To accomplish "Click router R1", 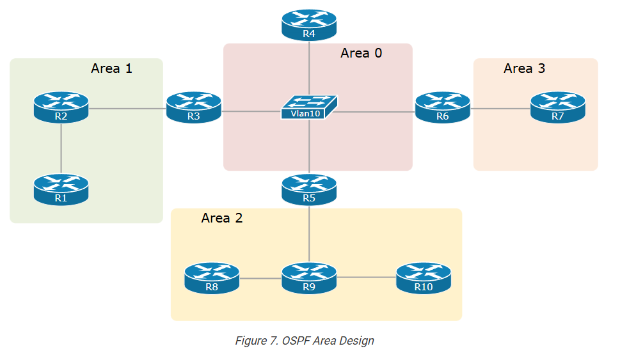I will tap(61, 189).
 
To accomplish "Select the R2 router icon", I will tap(61, 107).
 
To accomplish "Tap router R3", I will tap(194, 107).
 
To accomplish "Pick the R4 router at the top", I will tap(309, 25).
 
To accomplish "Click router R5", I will tap(309, 189).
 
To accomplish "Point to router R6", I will tap(442, 107).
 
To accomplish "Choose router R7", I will tap(557, 107).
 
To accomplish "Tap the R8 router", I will tap(212, 278).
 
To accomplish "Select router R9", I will tap(309, 278).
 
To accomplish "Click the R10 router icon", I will tap(423, 278).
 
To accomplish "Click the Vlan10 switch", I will tap(309, 107).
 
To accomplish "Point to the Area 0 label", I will tap(361, 54).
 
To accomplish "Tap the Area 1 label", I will tap(111, 68).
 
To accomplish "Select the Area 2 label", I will tap(221, 218).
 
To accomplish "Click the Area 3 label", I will tap(524, 68).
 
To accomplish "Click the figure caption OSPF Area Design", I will tap(304, 341).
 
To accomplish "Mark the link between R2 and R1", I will tap(61, 148).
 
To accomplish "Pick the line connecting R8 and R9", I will tap(260, 278).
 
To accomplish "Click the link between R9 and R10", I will tap(366, 278).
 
